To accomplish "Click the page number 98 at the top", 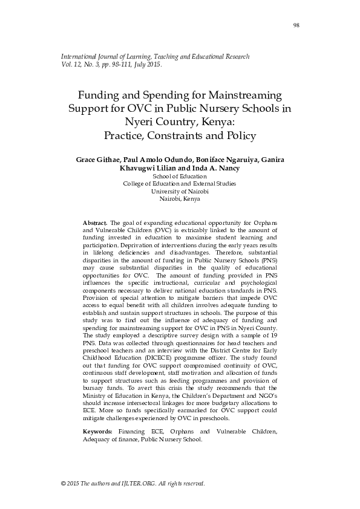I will [296, 25].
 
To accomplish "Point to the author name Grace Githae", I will [96, 160].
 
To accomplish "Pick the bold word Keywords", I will [97, 432].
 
